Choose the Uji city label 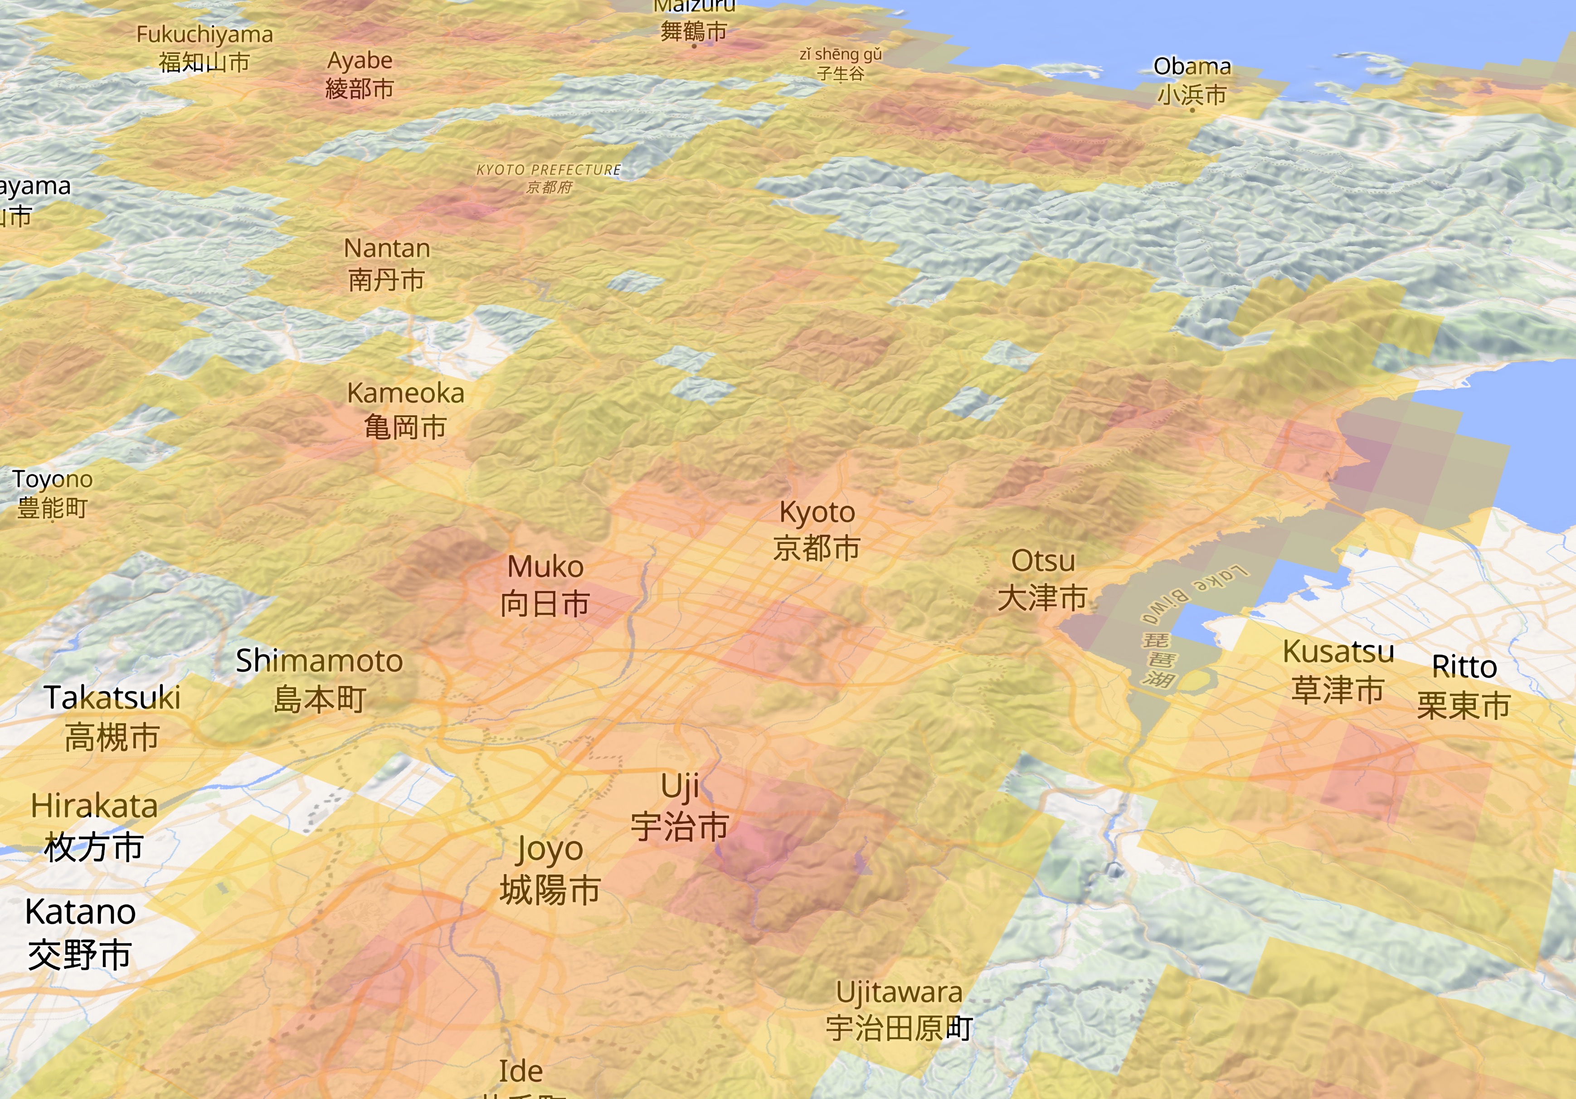tap(680, 807)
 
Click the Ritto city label tap(1464, 686)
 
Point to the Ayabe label tap(360, 74)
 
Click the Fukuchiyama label tap(204, 48)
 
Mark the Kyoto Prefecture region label tap(549, 178)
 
